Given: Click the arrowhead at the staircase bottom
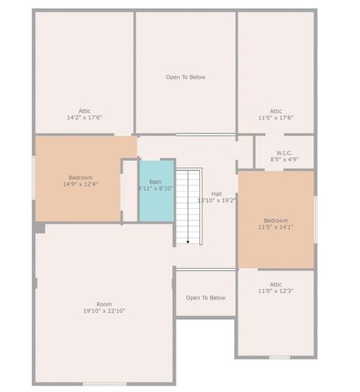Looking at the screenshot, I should point(189,242).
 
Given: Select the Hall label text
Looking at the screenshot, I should point(216,194).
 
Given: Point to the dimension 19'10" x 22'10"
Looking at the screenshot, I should point(104,310).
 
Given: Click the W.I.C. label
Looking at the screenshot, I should point(284,153).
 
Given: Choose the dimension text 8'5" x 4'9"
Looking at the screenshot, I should point(284,159).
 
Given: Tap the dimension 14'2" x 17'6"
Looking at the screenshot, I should point(84,118).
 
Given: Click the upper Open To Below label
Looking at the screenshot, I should point(185,78).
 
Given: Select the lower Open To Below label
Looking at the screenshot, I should point(205,297).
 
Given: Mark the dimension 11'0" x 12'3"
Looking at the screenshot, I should point(275,291).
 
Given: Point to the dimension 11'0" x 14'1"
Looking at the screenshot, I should point(275,227).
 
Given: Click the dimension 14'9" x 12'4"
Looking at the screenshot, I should point(80,185).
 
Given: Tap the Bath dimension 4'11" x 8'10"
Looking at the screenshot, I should point(155,188).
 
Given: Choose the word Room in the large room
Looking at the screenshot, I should point(104,304).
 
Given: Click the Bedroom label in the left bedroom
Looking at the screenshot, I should point(80,177).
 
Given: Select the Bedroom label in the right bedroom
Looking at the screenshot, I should point(275,220).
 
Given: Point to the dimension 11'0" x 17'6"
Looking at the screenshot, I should point(275,118).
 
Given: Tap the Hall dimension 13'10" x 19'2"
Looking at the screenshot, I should point(217,200).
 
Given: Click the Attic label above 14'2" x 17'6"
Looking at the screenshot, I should point(84,111).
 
